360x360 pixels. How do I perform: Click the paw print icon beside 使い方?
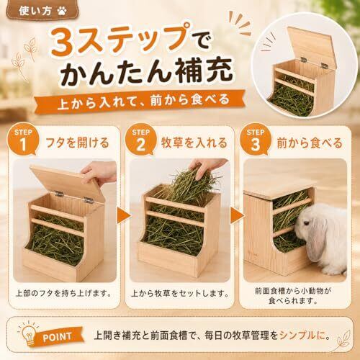tap(62, 11)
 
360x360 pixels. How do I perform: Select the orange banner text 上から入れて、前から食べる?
tap(143, 101)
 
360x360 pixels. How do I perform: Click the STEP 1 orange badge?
tap(23, 140)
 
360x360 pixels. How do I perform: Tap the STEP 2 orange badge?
tap(140, 140)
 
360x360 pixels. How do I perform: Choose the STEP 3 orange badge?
tap(256, 140)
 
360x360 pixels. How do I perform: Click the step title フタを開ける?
tap(77, 143)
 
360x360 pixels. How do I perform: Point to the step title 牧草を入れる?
tap(194, 143)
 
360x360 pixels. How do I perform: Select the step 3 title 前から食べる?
tap(310, 143)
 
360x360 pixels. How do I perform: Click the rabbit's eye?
tap(307, 223)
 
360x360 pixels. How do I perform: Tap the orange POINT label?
tap(58, 337)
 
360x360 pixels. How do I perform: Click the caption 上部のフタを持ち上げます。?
tap(63, 293)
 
